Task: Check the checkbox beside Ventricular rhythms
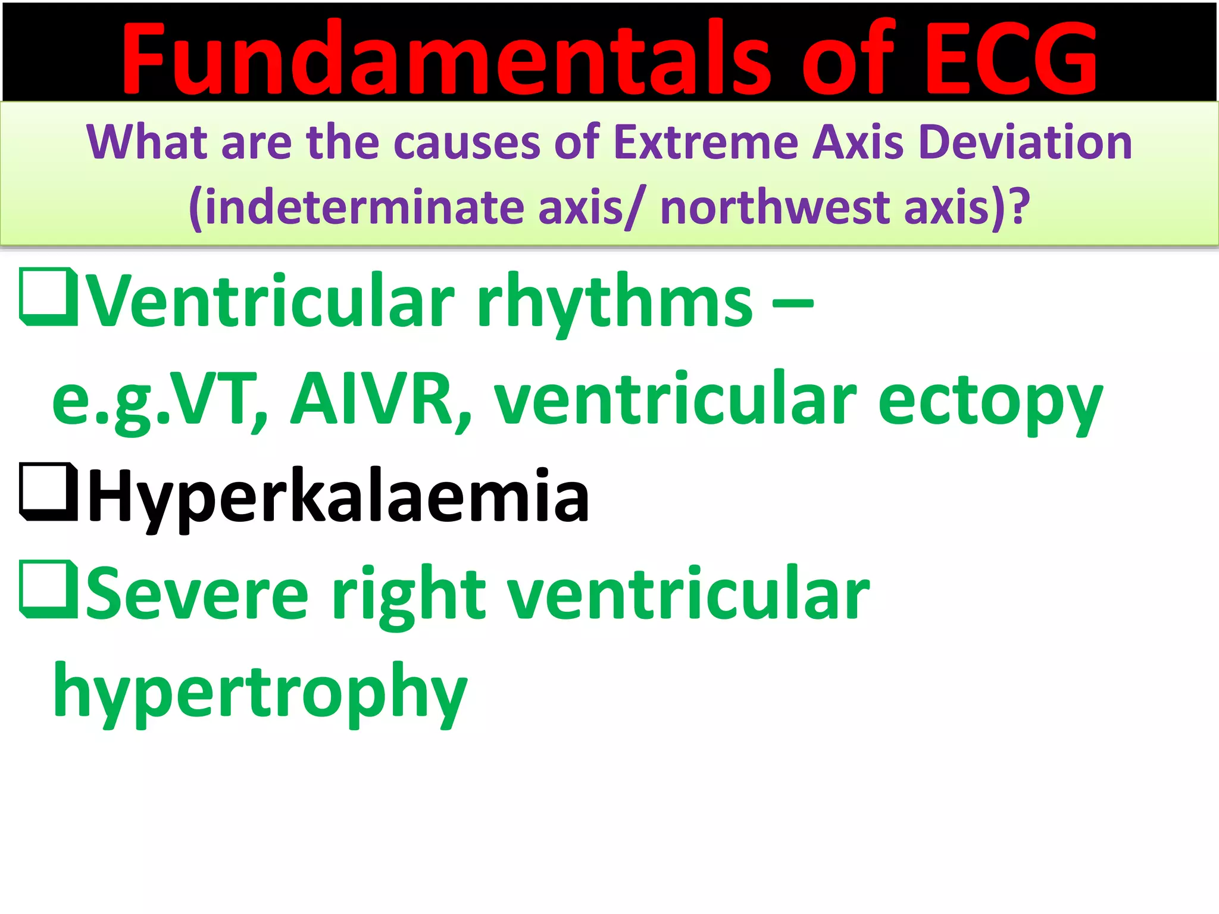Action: pos(49,297)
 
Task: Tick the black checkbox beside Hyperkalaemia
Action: pos(49,492)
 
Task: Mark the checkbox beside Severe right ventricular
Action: pos(49,590)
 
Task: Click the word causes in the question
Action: pos(467,143)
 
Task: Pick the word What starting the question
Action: pos(147,143)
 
